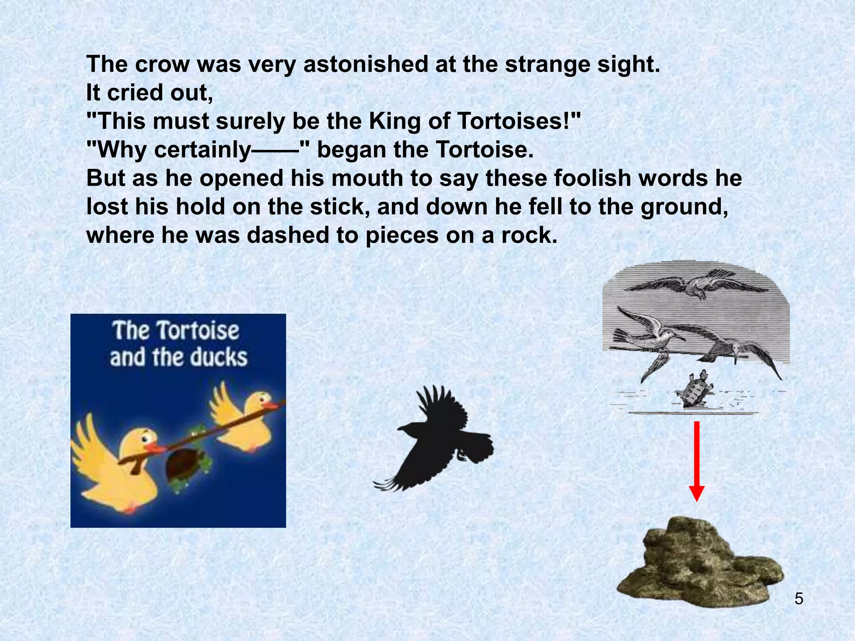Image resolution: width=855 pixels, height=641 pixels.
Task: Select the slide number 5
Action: (x=799, y=599)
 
